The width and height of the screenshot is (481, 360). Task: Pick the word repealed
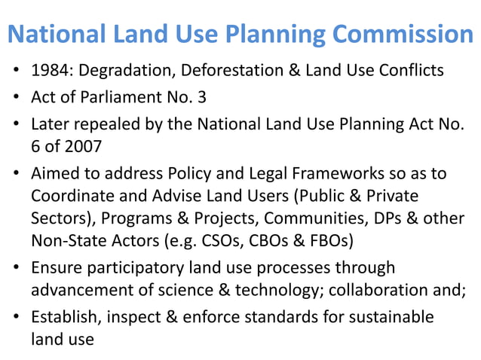105,124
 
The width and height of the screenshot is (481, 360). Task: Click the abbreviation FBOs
329,242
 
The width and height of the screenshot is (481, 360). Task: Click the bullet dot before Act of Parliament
16,99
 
